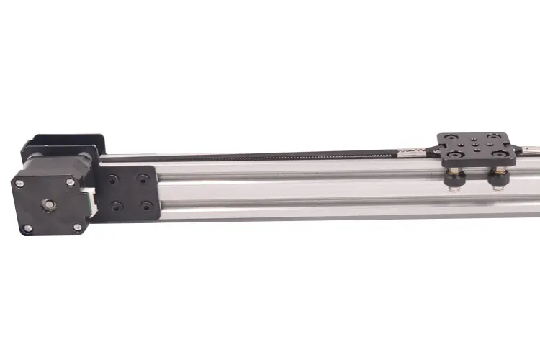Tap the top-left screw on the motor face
click(x=19, y=183)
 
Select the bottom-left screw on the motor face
click(x=28, y=228)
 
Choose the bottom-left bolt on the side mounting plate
click(x=116, y=207)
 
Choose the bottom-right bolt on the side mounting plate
click(x=147, y=206)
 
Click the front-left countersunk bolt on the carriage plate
click(x=456, y=153)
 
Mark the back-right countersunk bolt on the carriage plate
click(x=492, y=136)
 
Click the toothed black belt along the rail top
click(x=288, y=156)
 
